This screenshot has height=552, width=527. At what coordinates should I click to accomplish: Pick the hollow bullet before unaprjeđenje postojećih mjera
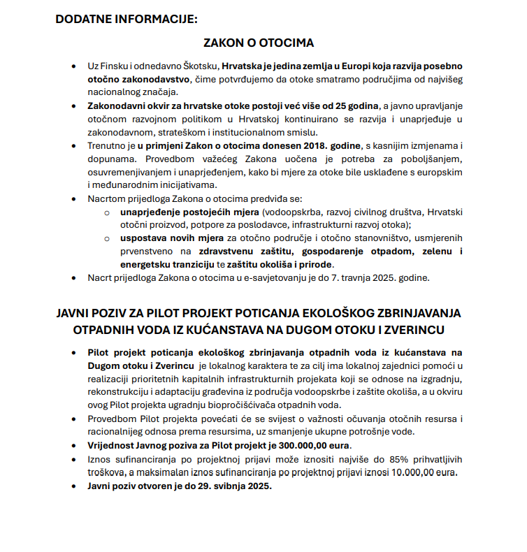tap(107, 212)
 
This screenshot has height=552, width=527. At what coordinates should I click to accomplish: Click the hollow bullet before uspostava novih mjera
tap(107, 238)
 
